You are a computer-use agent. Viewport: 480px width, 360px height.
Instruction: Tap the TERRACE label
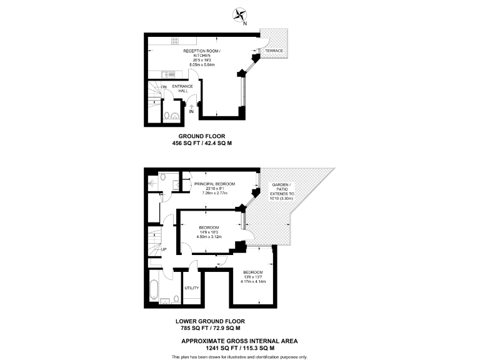tap(274, 50)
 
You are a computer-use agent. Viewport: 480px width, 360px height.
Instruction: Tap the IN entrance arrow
tap(192, 111)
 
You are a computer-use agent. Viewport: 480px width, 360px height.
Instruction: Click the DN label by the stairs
tap(164, 87)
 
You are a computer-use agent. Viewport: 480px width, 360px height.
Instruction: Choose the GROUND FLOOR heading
tap(202, 136)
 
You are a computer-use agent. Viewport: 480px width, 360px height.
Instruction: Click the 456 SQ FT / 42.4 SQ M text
tap(202, 143)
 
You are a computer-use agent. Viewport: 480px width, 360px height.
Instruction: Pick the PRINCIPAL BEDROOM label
tap(214, 184)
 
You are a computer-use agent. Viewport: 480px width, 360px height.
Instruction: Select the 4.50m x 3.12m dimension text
tap(209, 237)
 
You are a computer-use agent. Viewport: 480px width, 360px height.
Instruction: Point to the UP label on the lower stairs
tap(164, 250)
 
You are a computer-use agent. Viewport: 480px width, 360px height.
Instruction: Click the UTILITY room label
tap(191, 288)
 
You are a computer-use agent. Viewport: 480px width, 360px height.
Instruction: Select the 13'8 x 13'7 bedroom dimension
tap(253, 277)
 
